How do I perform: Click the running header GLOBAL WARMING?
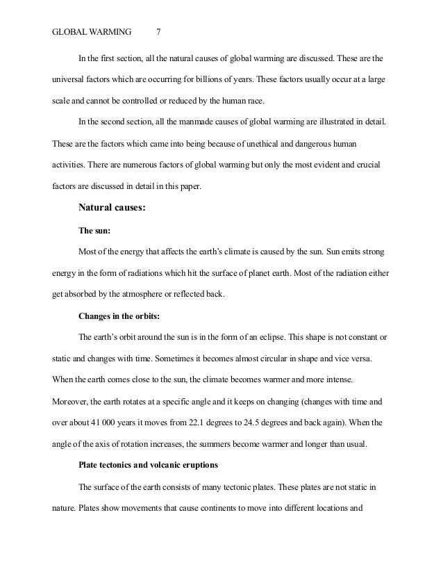(x=87, y=31)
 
